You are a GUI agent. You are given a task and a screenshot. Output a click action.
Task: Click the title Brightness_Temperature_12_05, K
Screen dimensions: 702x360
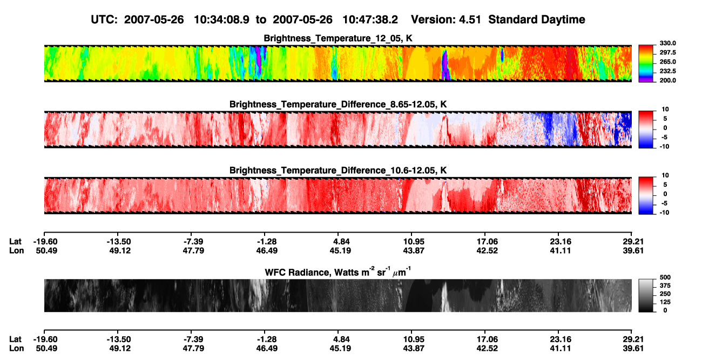[338, 38]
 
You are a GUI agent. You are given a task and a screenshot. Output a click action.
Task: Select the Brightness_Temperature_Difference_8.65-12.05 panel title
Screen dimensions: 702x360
[338, 104]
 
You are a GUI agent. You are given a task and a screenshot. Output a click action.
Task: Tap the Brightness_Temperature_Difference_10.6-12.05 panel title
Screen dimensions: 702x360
[338, 171]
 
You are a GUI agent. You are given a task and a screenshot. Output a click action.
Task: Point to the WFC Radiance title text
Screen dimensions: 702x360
[338, 272]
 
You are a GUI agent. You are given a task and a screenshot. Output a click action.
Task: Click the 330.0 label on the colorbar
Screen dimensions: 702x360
[668, 43]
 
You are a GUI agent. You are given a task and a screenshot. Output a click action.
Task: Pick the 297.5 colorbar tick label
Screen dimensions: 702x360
[668, 52]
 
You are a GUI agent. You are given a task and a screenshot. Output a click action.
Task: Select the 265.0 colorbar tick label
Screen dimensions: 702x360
[668, 62]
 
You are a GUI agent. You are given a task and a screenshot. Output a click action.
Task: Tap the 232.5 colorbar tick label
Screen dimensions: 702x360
[668, 71]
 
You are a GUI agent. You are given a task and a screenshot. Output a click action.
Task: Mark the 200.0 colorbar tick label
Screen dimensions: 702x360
[668, 80]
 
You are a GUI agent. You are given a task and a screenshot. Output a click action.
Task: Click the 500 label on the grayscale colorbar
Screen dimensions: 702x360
[665, 277]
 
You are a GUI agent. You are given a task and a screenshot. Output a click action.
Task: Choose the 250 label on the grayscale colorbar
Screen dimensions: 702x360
[665, 294]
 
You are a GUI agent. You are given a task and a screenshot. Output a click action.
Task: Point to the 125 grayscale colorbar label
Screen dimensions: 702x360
[665, 302]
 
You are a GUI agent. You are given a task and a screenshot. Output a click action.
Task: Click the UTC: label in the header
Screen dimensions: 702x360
[104, 19]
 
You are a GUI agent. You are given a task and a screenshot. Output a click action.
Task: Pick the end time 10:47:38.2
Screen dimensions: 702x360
[370, 19]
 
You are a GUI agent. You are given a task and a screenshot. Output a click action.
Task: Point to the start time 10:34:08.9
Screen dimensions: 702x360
[221, 19]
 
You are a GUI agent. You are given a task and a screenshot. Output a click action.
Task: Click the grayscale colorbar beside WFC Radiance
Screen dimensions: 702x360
[646, 295]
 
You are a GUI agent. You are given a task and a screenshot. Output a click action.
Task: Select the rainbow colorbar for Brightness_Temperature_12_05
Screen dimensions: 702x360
[646, 64]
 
